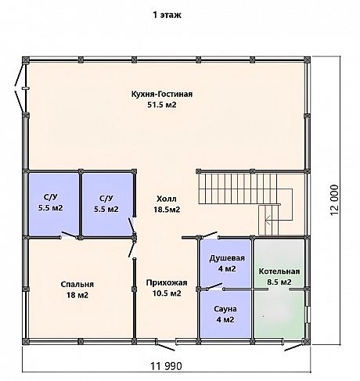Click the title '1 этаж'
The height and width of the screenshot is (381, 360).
167,15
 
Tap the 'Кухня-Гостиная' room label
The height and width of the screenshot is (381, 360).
162,94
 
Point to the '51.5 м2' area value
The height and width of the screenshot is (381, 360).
162,105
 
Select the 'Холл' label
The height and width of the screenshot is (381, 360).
167,199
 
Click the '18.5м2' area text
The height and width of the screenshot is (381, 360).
167,210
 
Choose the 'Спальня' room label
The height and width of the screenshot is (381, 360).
77,285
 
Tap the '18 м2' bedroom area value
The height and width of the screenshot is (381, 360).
77,295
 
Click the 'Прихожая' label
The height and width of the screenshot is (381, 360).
167,283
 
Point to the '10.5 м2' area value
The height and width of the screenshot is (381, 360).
167,293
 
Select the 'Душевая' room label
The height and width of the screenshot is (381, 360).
227,258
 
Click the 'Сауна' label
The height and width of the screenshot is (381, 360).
225,309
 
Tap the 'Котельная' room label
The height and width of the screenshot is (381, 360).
279,271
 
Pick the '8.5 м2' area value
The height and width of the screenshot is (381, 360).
279,282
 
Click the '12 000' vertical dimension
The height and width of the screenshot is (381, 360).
334,199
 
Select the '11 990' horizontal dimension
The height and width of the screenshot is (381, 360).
166,366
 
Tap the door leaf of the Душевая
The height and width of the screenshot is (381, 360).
209,235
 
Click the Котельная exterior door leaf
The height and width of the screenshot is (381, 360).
293,347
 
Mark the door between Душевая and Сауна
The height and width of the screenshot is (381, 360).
214,286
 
